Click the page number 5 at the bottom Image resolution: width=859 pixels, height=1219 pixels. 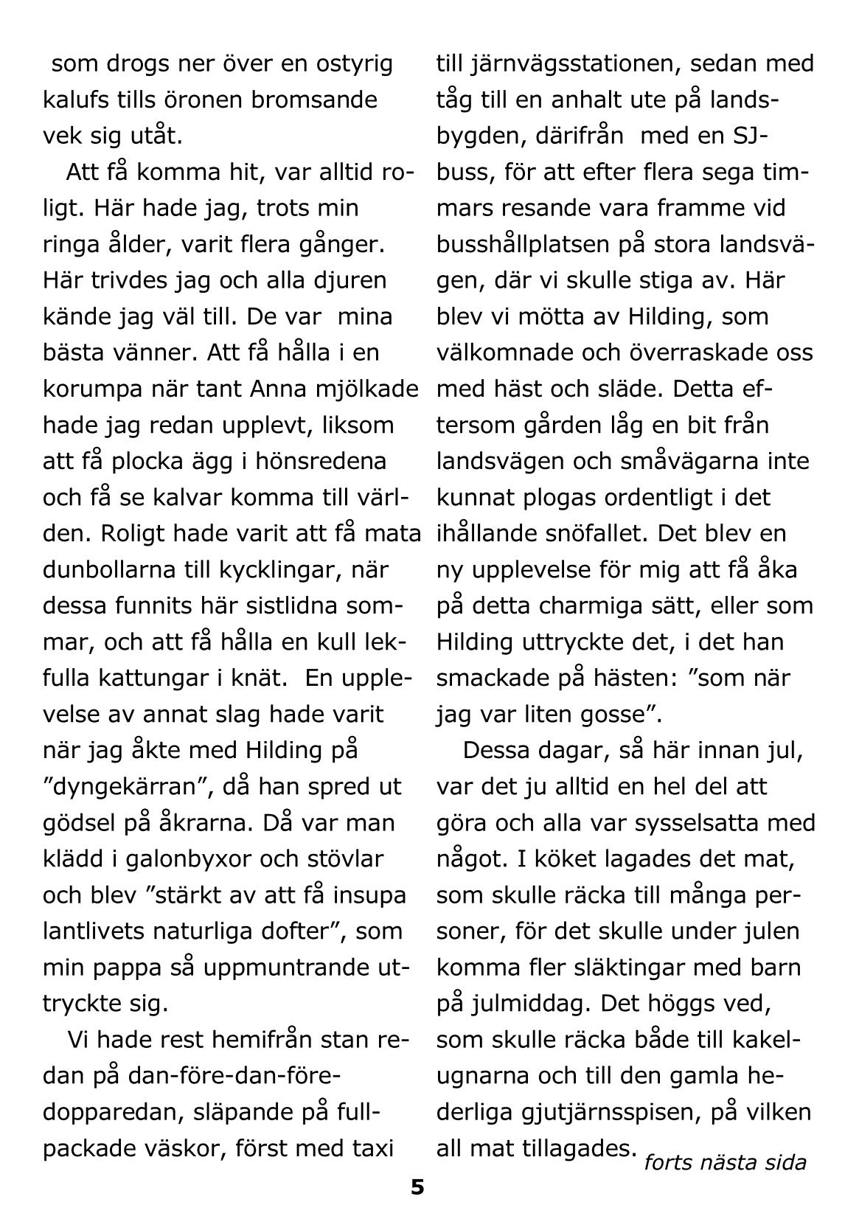pos(417,1187)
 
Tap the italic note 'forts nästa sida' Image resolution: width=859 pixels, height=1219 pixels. pos(725,1163)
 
